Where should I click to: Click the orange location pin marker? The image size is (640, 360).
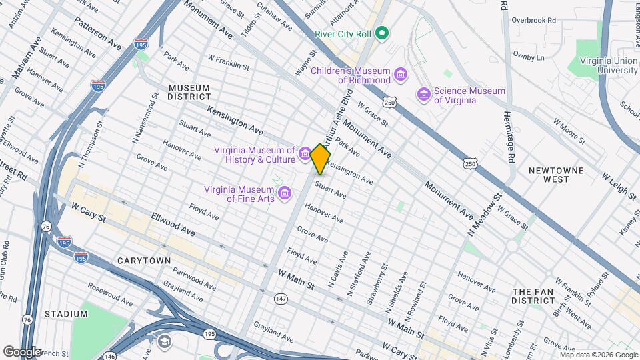[x=320, y=158]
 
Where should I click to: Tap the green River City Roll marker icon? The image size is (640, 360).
[x=382, y=32]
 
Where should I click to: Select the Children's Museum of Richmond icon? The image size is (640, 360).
[x=400, y=74]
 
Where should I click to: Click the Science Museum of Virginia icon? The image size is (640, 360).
[x=423, y=95]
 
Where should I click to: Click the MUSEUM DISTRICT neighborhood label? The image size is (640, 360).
[x=189, y=92]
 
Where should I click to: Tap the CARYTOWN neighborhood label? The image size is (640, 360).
[x=143, y=260]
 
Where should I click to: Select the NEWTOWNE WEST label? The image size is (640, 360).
[x=556, y=175]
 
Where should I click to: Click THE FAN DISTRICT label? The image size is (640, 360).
[x=538, y=296]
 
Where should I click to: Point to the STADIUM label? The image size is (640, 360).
[x=66, y=313]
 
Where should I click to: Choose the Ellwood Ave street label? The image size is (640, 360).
[x=173, y=225]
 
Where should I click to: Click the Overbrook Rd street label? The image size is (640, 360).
[x=533, y=20]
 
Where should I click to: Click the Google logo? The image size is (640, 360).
[x=22, y=351]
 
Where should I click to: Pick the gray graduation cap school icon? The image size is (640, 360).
[x=164, y=342]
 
